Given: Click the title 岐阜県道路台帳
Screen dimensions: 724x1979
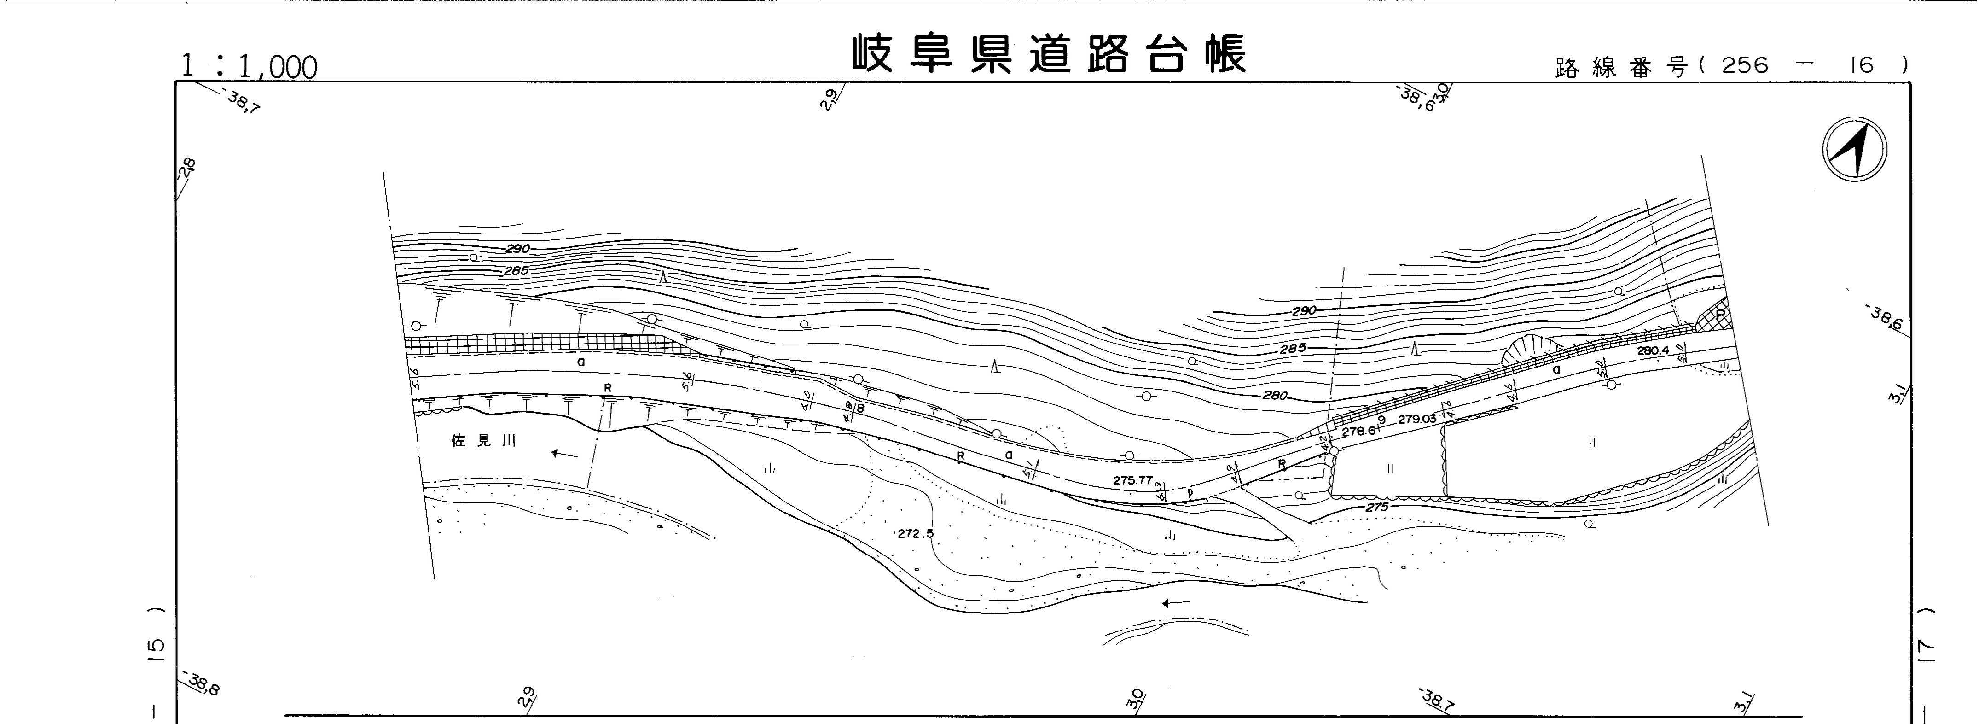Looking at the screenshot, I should click(1049, 54).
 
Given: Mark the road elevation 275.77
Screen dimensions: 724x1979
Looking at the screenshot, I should click(1132, 480).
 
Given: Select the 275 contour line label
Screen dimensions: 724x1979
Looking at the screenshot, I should click(1377, 508).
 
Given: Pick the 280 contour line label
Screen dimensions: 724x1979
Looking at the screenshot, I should click(1274, 397).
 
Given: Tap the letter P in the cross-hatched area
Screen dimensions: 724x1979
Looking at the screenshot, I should click(1721, 315).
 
